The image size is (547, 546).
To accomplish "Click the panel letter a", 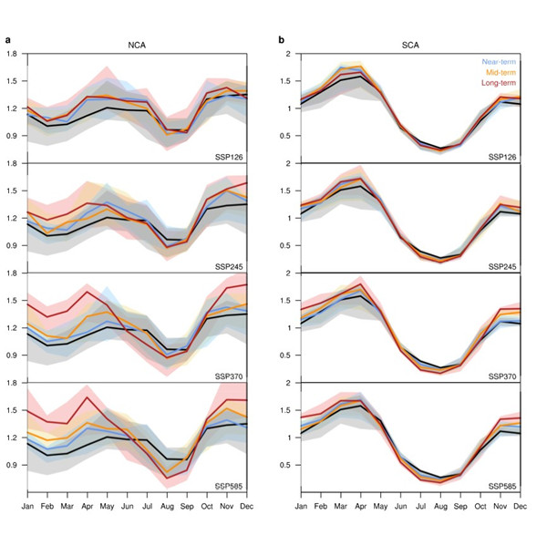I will pos(8,40).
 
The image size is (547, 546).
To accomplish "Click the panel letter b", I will pos(282,40).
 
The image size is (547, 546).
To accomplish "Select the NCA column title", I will pos(139,43).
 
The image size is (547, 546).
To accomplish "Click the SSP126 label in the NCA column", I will pos(232,156).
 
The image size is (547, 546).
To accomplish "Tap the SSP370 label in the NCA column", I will pos(232,376).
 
